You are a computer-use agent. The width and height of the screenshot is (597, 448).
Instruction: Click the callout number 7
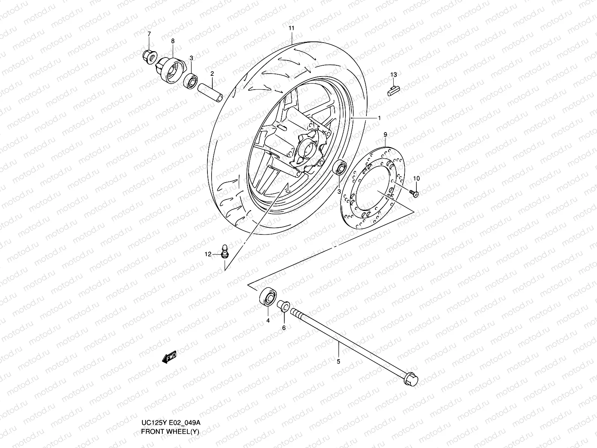149,34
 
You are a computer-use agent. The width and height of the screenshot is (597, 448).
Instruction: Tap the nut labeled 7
148,56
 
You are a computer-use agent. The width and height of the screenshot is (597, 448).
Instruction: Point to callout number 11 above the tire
291,28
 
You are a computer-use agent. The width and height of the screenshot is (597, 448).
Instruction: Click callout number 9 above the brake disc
385,134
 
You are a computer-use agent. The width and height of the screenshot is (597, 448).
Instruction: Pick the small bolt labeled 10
414,193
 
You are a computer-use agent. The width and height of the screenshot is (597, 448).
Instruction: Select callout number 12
207,254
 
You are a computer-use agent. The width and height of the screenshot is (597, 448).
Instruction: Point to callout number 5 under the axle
338,361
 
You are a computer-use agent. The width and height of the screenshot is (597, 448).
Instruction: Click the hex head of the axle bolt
412,379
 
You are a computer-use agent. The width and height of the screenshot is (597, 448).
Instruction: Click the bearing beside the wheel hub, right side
340,168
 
